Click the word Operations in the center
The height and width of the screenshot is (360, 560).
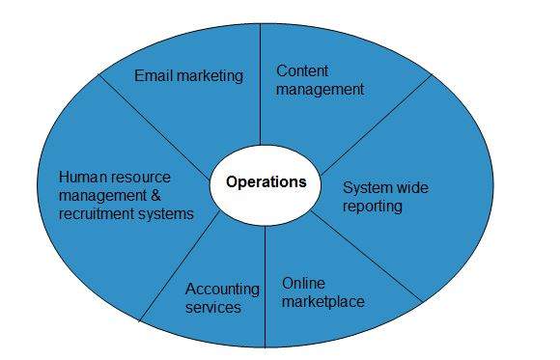click(266, 181)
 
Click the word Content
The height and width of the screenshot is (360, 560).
click(302, 70)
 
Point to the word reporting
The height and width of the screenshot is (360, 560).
click(373, 206)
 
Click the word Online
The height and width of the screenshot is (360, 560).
click(303, 284)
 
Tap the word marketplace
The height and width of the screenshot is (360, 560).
click(323, 302)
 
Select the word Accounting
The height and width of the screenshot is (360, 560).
click(222, 289)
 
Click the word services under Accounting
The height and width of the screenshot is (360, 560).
click(213, 307)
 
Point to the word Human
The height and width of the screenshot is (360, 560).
click(80, 177)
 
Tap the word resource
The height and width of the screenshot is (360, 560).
click(137, 177)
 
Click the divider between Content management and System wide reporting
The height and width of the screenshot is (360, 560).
click(377, 121)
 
